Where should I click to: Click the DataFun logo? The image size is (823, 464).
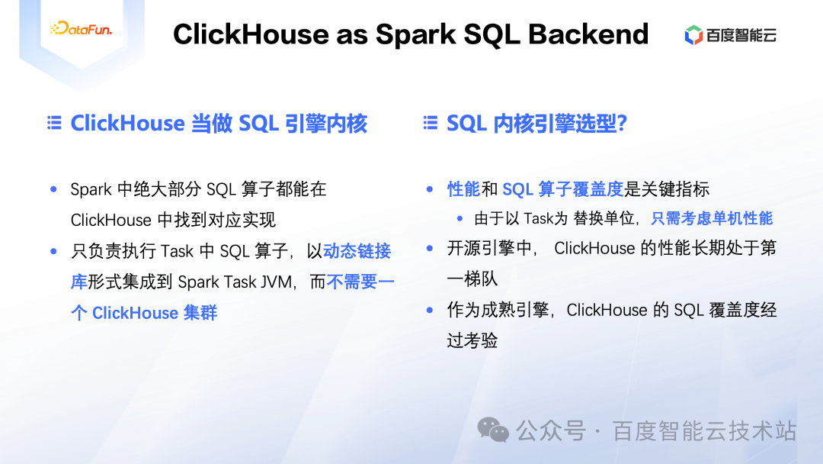coord(81,30)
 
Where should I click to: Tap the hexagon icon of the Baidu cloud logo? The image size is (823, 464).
coord(693,35)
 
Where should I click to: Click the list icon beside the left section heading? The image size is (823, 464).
coord(54,123)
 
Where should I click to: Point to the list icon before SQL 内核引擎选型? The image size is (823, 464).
coord(431,123)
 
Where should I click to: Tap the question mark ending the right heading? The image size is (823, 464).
coord(622,123)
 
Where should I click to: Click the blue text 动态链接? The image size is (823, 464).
coord(357,251)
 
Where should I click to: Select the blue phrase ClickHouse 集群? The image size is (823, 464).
coord(155,313)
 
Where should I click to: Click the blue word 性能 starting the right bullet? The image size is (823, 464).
coord(463,189)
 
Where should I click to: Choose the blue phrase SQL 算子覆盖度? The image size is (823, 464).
coord(562,189)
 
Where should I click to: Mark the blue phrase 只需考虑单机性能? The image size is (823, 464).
coord(712,219)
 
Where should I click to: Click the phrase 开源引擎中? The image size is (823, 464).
coord(492,249)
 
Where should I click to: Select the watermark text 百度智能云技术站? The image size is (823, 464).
coord(703,431)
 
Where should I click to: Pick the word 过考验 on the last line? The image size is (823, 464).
coord(472,340)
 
